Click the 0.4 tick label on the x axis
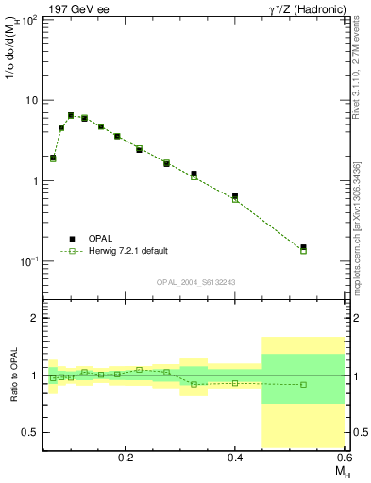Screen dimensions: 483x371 (x=235, y=455)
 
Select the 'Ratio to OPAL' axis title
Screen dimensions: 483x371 (x=16, y=375)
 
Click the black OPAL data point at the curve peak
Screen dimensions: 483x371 (x=71, y=115)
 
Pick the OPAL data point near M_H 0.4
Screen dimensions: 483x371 (x=235, y=196)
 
